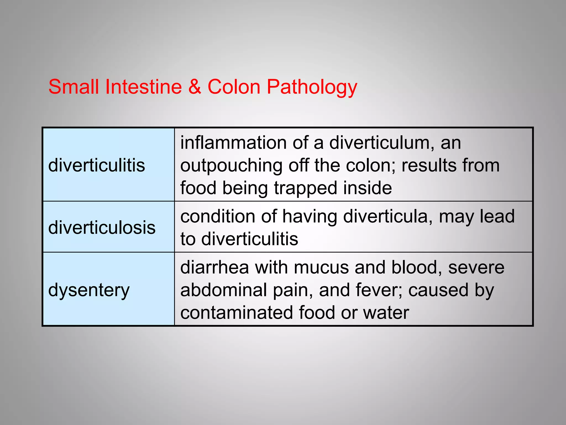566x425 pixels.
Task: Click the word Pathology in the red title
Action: (312, 87)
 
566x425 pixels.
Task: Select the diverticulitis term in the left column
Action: (96, 165)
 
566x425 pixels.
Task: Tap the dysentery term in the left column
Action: (89, 290)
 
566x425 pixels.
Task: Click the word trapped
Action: (305, 188)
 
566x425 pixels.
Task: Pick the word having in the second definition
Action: (310, 217)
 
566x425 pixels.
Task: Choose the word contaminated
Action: (236, 313)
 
